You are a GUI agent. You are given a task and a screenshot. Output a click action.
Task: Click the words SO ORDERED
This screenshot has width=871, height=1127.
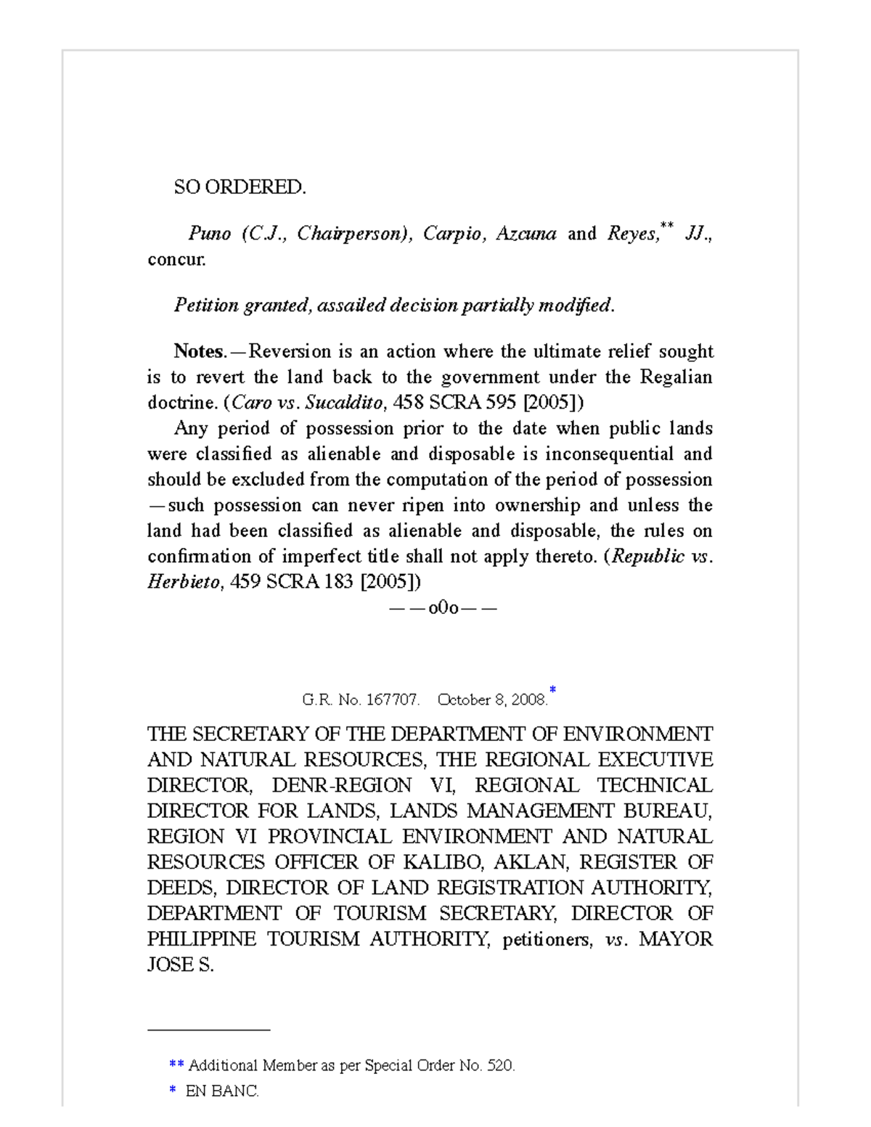(240, 187)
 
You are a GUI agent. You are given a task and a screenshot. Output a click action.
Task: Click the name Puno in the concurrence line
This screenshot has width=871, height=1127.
(209, 234)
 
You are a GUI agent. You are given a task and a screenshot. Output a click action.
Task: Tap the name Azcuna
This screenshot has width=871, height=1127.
(526, 234)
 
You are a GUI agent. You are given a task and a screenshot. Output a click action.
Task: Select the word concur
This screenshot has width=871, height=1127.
(176, 259)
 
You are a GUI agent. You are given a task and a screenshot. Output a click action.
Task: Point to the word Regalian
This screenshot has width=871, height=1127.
(676, 377)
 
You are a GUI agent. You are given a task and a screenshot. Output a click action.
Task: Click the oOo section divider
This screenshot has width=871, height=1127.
(443, 608)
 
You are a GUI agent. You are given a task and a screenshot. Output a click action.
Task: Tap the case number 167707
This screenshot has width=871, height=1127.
(392, 700)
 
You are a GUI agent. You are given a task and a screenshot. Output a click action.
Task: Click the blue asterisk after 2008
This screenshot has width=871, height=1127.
(552, 689)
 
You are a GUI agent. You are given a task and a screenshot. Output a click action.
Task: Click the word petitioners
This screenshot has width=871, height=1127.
(547, 940)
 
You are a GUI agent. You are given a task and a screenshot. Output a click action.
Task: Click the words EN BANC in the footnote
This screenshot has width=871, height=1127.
(222, 1091)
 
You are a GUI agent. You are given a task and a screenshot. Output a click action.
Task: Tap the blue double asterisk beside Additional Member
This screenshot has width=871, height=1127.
(176, 1065)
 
